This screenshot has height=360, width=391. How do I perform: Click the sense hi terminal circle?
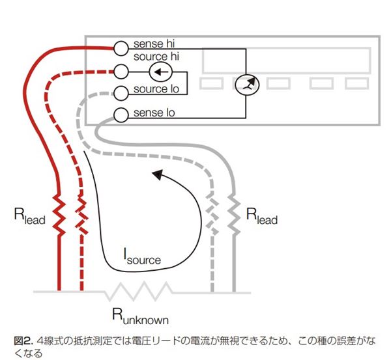pyautogui.click(x=121, y=48)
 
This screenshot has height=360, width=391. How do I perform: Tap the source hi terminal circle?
pyautogui.click(x=120, y=70)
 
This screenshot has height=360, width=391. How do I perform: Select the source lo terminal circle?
pyautogui.click(x=120, y=92)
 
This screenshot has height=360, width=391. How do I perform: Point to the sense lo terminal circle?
pyautogui.click(x=121, y=115)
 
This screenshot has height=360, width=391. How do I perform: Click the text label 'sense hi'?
pyautogui.click(x=154, y=44)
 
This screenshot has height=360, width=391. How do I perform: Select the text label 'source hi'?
pyautogui.click(x=156, y=57)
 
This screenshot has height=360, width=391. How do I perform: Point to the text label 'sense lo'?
pyautogui.click(x=154, y=113)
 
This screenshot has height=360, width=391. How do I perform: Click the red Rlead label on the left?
pyautogui.click(x=29, y=217)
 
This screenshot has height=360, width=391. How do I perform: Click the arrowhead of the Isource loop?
pyautogui.click(x=154, y=173)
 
